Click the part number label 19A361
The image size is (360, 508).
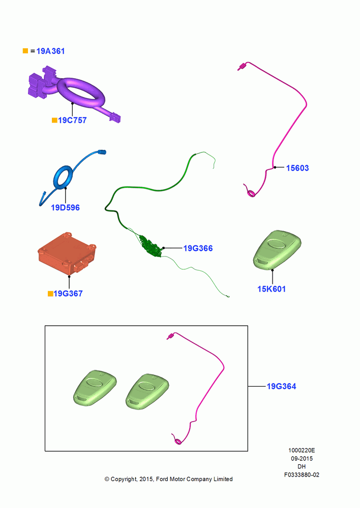point(51,51)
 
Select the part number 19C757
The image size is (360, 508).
point(72,120)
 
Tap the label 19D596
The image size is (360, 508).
point(65,208)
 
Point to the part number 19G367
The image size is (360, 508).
point(68,294)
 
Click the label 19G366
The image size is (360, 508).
point(198,248)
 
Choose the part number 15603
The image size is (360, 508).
point(297,168)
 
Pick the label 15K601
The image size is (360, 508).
point(272,289)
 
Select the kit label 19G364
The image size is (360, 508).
point(282,386)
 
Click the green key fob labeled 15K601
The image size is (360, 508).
point(277,250)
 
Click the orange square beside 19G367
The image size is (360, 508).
point(50,294)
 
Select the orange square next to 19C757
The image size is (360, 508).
point(54,120)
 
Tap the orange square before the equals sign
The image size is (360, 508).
point(25,51)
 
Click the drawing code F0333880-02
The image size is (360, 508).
point(302,475)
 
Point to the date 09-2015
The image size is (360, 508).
point(302,459)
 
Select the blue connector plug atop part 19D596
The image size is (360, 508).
point(102,152)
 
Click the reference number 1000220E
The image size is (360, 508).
point(302,450)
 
